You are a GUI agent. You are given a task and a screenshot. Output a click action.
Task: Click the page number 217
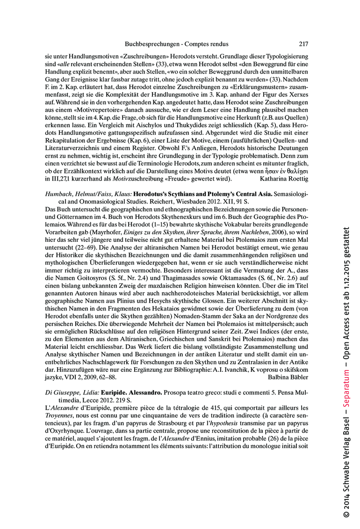(303, 44)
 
